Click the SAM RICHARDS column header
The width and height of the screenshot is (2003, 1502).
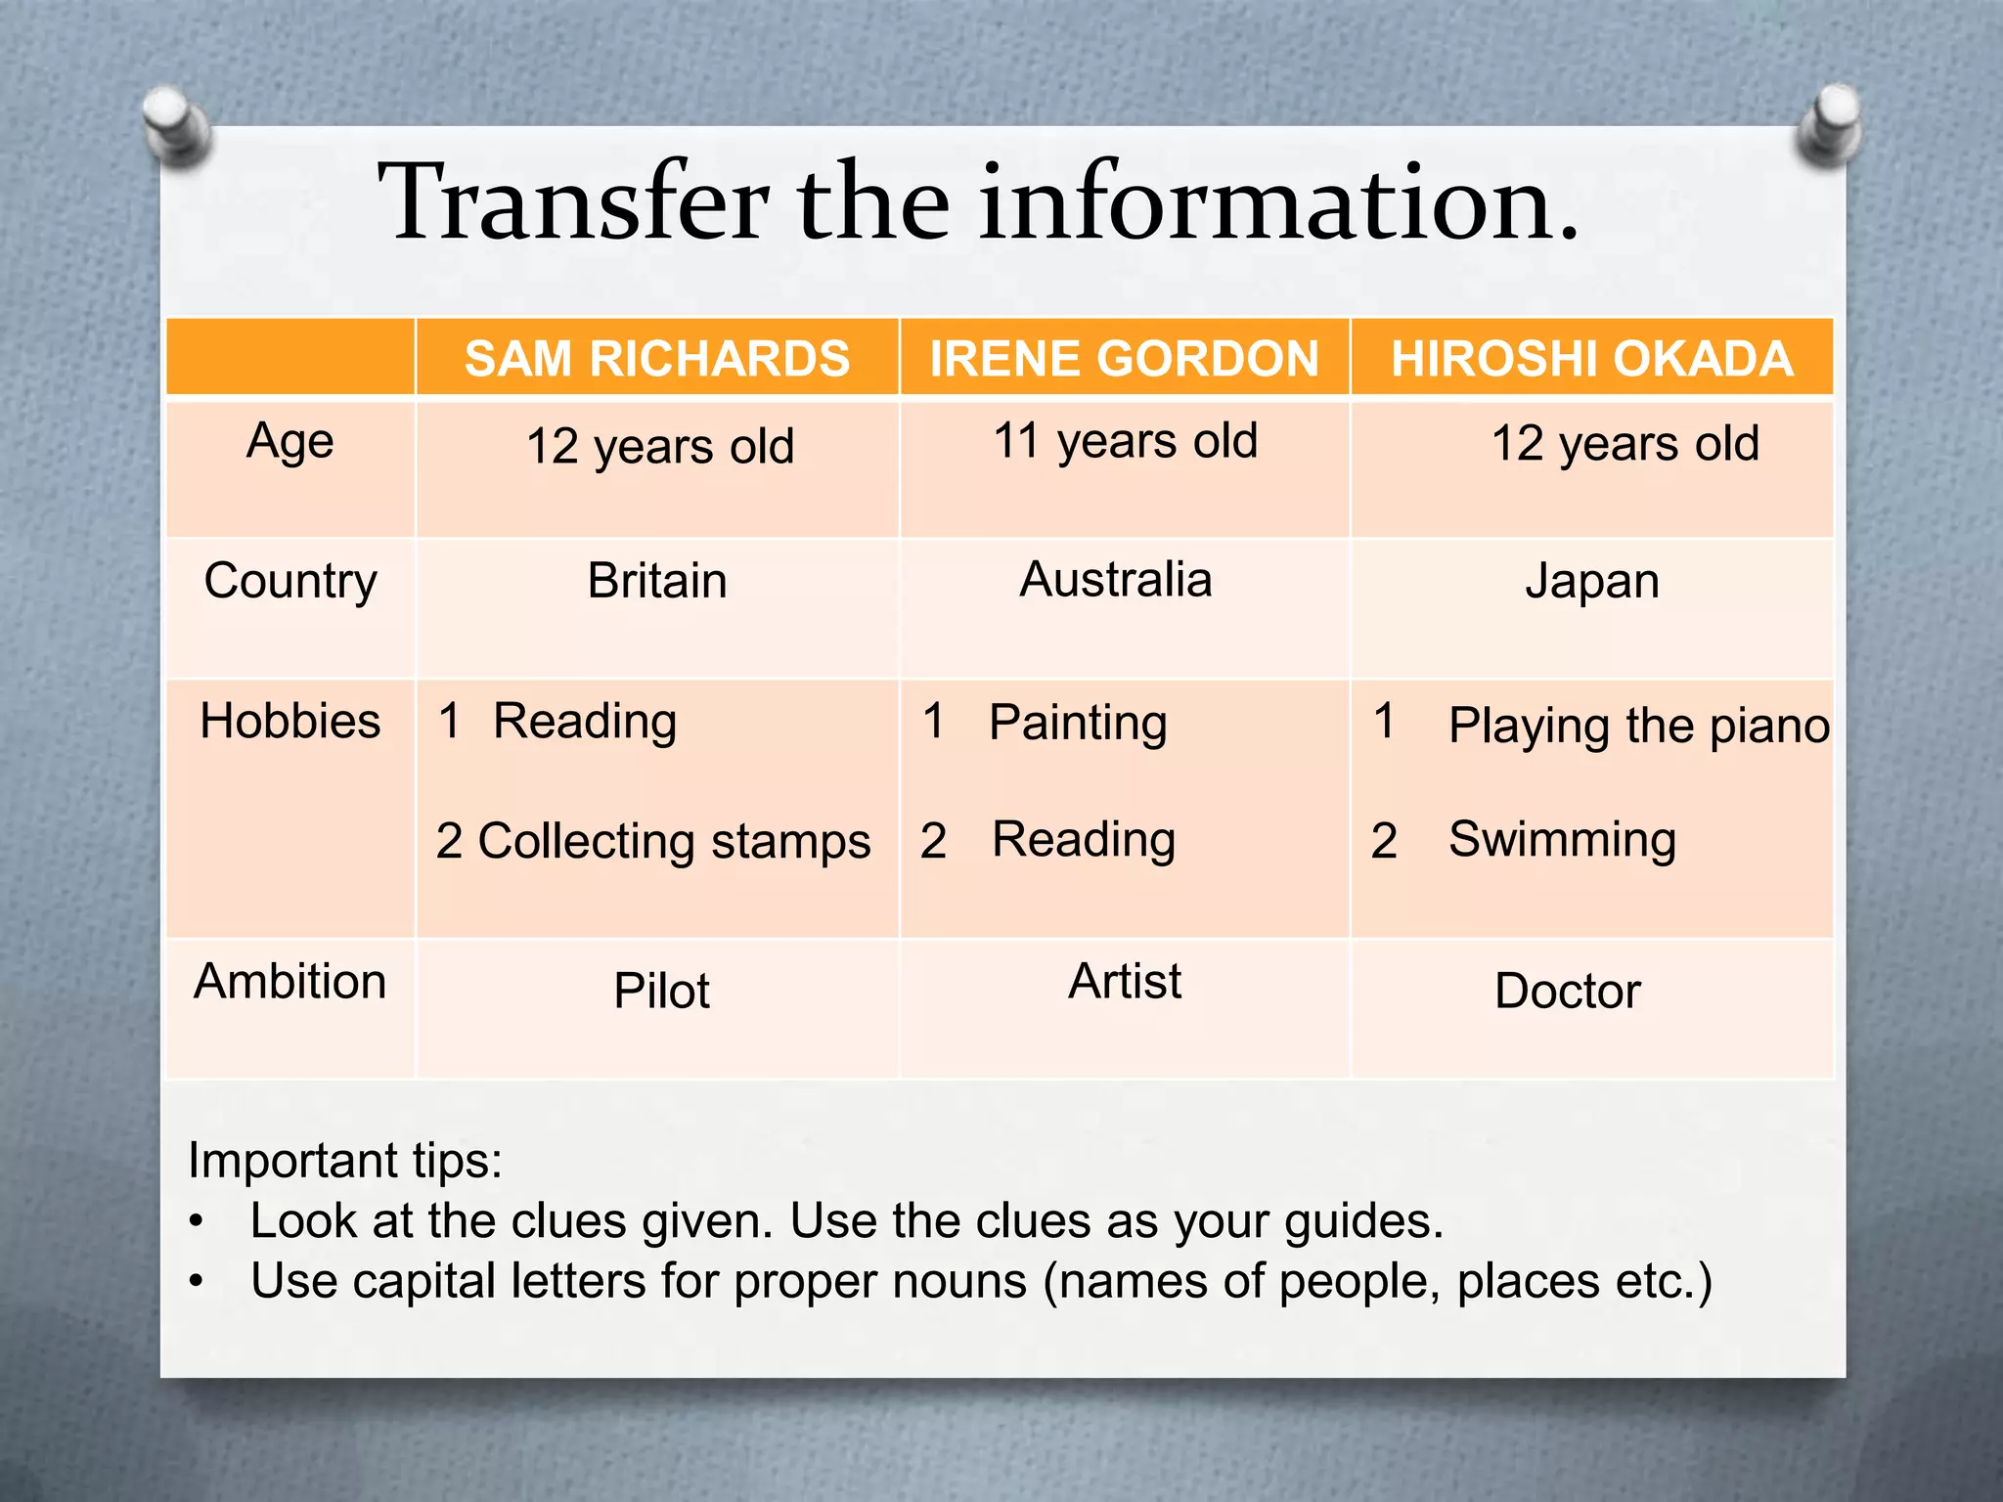click(657, 359)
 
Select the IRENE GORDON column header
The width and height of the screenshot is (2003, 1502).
click(1124, 359)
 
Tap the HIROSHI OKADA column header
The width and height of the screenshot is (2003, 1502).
click(1591, 359)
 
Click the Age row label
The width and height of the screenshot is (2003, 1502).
click(290, 442)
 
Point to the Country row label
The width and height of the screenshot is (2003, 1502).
click(290, 582)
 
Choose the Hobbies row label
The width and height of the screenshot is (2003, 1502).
click(290, 722)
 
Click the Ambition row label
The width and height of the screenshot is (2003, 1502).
click(290, 981)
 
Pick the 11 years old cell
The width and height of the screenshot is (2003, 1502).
click(1125, 442)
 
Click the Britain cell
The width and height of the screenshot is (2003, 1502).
click(657, 582)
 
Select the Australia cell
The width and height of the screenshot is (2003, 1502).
click(1116, 580)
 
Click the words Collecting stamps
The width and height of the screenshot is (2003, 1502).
click(674, 842)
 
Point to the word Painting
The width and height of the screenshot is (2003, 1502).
click(1078, 724)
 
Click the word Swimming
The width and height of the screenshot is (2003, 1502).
click(1562, 840)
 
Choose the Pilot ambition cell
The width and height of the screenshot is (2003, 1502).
click(661, 991)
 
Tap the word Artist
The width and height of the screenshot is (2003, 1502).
click(1125, 981)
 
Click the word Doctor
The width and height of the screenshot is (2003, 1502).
click(1568, 991)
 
